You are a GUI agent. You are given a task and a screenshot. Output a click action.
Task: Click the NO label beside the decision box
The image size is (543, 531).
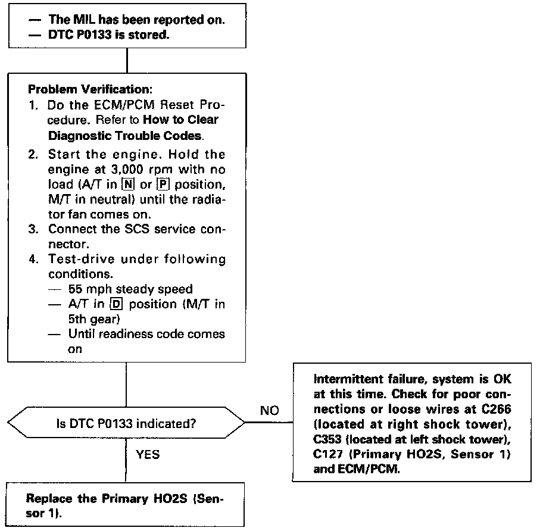pos(269,410)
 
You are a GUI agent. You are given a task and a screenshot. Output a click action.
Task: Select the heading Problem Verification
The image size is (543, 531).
pos(90,90)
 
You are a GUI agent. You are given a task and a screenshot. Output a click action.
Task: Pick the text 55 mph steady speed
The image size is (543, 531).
pos(130,290)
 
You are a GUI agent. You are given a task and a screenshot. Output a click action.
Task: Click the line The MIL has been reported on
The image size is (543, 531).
pos(136,20)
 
